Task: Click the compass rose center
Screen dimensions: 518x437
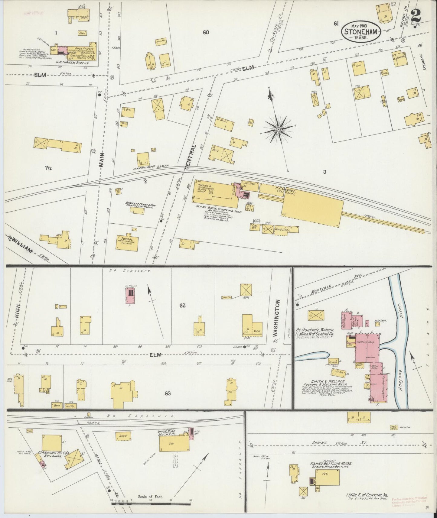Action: point(278,130)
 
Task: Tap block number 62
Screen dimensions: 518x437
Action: point(182,306)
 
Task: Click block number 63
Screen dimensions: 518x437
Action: point(168,393)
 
